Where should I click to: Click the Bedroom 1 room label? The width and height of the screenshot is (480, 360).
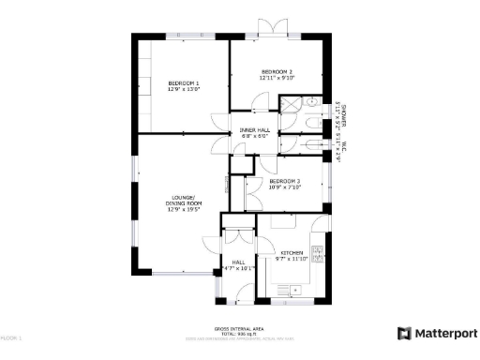coord(184,83)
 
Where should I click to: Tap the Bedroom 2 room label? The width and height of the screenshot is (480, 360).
coord(277,72)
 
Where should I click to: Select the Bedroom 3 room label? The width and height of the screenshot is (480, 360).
coord(284,180)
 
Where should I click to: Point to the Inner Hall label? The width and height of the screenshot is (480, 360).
coord(254,129)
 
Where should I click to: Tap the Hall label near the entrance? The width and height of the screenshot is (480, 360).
coord(238,262)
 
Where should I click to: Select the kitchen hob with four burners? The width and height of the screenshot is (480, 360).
coord(318,252)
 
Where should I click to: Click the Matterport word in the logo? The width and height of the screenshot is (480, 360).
coord(444,333)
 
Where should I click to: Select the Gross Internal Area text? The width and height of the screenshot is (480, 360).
coord(237,328)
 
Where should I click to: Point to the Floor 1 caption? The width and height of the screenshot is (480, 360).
coord(11,336)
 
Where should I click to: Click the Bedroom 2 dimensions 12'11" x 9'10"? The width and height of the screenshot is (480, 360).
coord(277,79)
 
